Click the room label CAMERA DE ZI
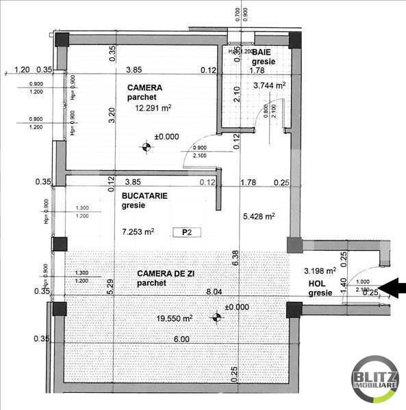(x=162, y=273)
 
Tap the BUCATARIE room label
(x=144, y=195)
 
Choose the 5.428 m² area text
(x=259, y=216)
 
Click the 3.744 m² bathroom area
(x=269, y=86)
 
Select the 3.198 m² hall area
(x=321, y=271)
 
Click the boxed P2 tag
(x=186, y=232)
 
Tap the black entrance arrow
(x=392, y=288)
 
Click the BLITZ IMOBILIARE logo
(x=376, y=381)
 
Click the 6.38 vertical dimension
(x=235, y=257)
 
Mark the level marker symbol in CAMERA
(x=145, y=146)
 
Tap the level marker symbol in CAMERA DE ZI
(x=216, y=316)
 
